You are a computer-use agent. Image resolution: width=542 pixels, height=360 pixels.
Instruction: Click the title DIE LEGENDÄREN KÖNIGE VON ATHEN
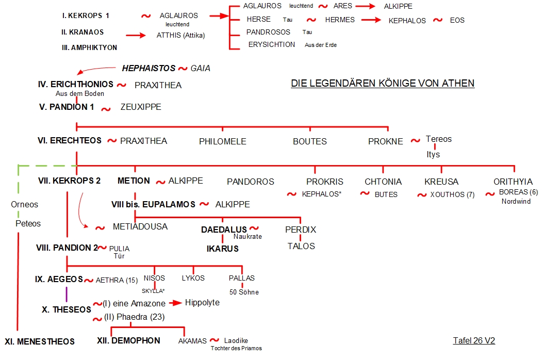(x=383, y=84)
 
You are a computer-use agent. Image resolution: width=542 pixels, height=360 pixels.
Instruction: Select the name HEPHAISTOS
(x=149, y=68)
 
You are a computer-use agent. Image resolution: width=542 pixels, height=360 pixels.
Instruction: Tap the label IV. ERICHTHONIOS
(x=76, y=84)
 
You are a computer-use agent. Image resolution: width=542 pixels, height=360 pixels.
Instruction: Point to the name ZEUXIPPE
(x=141, y=107)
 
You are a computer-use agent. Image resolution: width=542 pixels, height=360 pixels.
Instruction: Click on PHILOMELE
(x=223, y=141)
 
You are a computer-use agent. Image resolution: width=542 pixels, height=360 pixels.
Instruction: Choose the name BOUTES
(x=310, y=141)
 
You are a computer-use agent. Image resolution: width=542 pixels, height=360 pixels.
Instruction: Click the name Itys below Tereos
(x=433, y=155)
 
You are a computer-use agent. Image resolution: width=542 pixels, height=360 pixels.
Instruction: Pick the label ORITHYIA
(x=513, y=182)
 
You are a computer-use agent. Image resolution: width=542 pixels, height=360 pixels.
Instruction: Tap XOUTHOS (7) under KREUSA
(x=452, y=194)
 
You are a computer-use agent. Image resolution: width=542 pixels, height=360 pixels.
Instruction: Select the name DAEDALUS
(x=224, y=230)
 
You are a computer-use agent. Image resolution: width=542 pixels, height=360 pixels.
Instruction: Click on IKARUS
(x=223, y=249)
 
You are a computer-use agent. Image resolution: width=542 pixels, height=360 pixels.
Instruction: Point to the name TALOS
(x=301, y=246)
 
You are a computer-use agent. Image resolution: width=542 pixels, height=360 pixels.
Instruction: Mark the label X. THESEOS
(x=67, y=309)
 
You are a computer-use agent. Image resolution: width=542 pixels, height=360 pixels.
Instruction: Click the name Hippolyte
(x=202, y=303)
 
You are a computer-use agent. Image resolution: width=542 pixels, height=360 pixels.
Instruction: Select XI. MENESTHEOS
(x=40, y=341)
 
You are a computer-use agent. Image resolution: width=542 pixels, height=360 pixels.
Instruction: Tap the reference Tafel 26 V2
(x=474, y=340)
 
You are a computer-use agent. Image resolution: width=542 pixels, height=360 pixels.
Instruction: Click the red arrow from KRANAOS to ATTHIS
(x=136, y=35)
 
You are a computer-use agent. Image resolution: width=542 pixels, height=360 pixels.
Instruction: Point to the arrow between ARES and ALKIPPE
(x=365, y=6)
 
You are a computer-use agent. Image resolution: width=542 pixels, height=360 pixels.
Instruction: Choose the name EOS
(x=457, y=21)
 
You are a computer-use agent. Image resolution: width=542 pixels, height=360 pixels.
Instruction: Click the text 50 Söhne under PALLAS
(x=244, y=292)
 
